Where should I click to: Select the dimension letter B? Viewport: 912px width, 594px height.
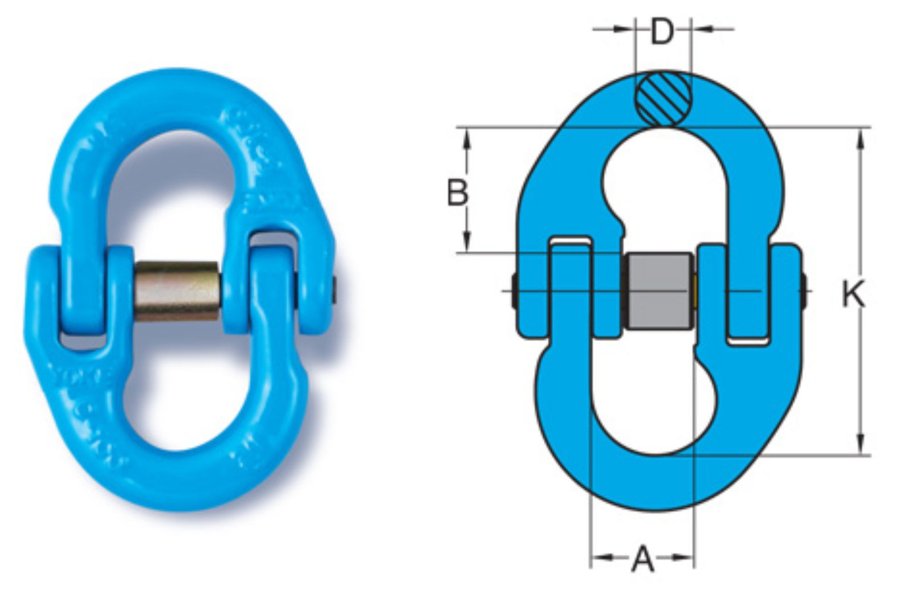pos(457,191)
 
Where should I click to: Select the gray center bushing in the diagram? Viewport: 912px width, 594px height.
pos(659,291)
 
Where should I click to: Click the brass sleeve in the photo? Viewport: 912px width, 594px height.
pos(177,292)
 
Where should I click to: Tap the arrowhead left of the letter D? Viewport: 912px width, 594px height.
pos(624,29)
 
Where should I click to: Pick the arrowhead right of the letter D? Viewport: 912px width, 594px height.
pos(701,29)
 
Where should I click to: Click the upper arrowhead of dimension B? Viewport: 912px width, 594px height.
pos(467,140)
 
